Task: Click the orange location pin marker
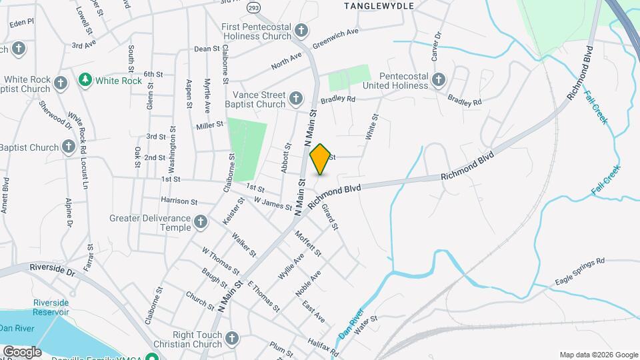pyautogui.click(x=321, y=159)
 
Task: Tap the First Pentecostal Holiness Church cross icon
pyautogui.click(x=301, y=30)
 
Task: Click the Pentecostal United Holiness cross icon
pyautogui.click(x=438, y=81)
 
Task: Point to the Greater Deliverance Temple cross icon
pyautogui.click(x=201, y=222)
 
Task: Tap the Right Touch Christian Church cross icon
pyautogui.click(x=232, y=337)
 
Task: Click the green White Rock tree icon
pyautogui.click(x=85, y=81)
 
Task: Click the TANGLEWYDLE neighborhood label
pyautogui.click(x=379, y=5)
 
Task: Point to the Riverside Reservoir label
pyautogui.click(x=51, y=307)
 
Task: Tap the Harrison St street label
pyautogui.click(x=179, y=201)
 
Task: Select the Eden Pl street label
pyautogui.click(x=21, y=22)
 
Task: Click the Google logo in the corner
pyautogui.click(x=21, y=351)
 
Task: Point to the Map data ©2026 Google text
pyautogui.click(x=597, y=355)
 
